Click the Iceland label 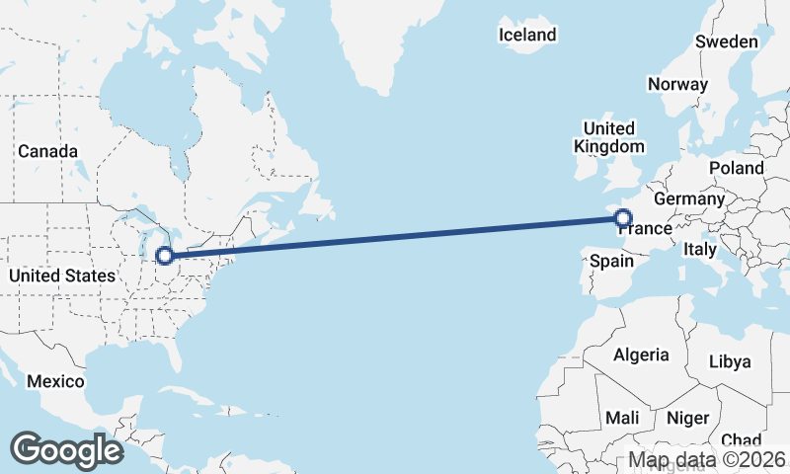527,35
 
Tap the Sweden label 726,41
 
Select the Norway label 677,84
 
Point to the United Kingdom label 609,137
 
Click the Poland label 736,168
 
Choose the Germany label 689,198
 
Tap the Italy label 699,250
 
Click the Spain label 611,262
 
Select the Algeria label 641,355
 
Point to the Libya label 730,361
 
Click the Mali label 622,417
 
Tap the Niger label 688,417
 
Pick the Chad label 741,439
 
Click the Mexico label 55,381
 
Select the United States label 61,276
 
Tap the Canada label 47,151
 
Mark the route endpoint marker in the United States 165,256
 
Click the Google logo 66,449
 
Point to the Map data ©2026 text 708,459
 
